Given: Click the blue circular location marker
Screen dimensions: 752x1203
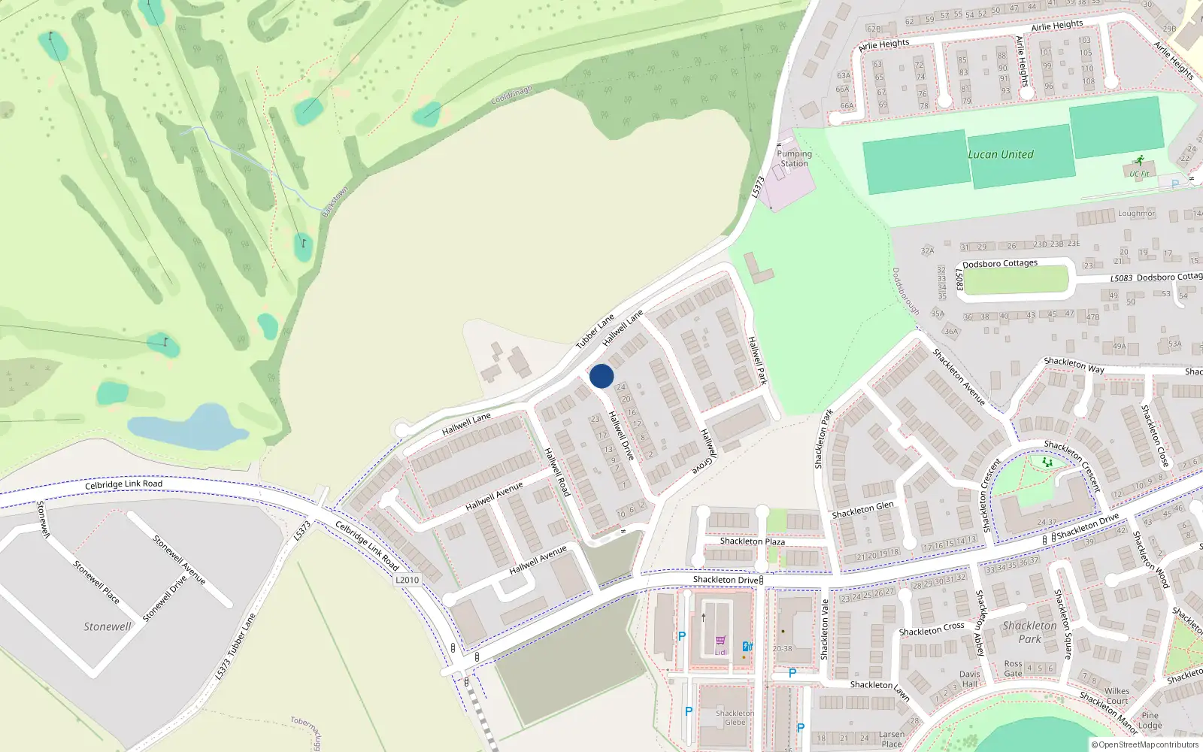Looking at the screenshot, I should point(601,376).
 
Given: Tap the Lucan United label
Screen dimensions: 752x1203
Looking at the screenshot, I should point(1000,154).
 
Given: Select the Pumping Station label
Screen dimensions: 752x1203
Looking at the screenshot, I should point(794,158).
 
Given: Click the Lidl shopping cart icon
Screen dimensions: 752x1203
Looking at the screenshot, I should point(720,641).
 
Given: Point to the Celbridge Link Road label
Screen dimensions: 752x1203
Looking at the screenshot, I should point(123,484).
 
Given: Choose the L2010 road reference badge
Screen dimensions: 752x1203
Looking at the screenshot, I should point(407,580).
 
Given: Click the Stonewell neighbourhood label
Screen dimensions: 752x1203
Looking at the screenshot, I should point(107,626).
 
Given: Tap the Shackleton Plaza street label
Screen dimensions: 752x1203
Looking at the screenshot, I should point(752,541).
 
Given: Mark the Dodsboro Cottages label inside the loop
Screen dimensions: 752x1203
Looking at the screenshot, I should point(999,264).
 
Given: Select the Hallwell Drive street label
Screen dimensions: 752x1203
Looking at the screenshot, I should point(621,435).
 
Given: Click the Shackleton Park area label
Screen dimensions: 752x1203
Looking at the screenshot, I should point(1029,632).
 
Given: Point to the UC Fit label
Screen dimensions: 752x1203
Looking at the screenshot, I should point(1139,174).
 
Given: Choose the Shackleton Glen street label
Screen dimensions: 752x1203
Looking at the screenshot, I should point(862,510).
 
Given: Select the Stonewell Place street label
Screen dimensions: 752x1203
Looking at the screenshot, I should point(96,581).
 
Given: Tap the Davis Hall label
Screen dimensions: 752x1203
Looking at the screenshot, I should point(969,679).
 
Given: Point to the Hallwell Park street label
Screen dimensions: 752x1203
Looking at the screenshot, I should point(757,361).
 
